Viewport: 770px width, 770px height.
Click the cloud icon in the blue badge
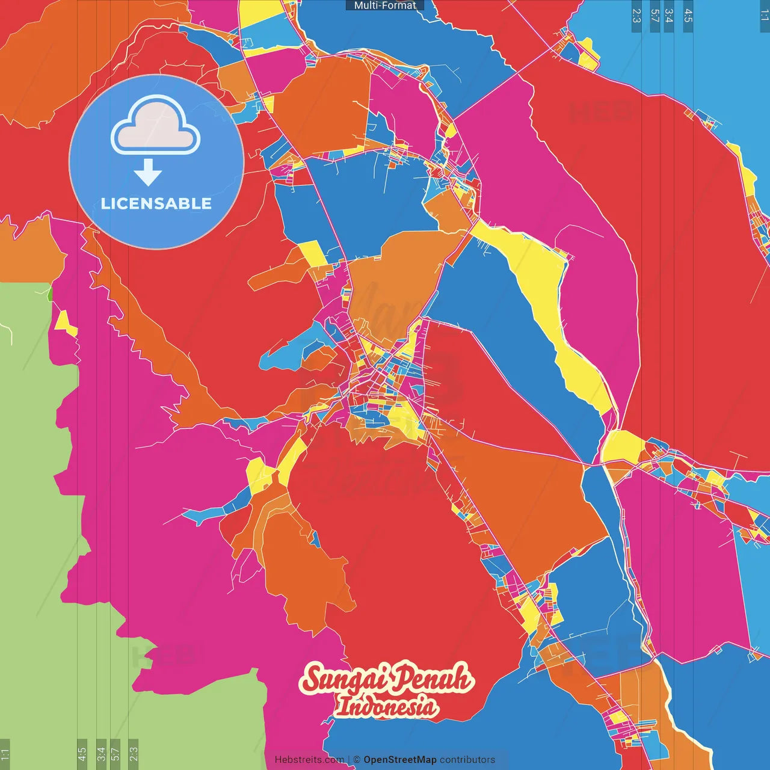click(x=156, y=126)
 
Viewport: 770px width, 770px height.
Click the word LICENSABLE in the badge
click(x=156, y=203)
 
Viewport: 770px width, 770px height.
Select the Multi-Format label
click(x=384, y=5)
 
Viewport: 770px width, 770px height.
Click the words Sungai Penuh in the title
click(x=387, y=678)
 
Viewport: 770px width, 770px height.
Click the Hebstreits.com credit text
click(x=309, y=760)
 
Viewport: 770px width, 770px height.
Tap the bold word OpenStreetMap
click(x=399, y=760)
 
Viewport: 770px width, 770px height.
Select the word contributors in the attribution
click(x=467, y=760)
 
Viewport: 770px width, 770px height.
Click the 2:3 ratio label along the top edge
click(x=636, y=16)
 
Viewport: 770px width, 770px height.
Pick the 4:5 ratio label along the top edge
click(x=688, y=16)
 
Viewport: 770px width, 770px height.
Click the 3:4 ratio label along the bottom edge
click(x=101, y=753)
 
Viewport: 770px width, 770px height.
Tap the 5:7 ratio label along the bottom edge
click(x=115, y=753)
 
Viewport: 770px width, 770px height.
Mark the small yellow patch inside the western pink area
click(x=64, y=322)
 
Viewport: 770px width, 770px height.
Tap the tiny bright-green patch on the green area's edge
click(x=50, y=294)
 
